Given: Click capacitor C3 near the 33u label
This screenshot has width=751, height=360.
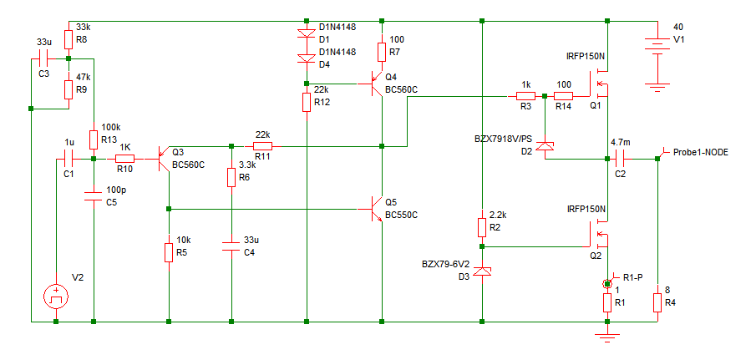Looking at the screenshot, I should [48, 58].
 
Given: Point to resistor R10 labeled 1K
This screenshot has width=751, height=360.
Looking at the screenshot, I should [124, 158].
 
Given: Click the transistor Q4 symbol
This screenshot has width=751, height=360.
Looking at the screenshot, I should [376, 83].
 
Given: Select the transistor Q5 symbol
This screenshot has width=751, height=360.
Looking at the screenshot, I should [376, 207].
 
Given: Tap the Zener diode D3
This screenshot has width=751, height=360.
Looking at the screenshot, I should [483, 271].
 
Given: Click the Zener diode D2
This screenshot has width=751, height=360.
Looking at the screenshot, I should [545, 147].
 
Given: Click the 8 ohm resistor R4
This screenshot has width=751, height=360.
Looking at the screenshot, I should [657, 299].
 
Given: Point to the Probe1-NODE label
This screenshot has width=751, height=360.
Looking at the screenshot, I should [701, 154].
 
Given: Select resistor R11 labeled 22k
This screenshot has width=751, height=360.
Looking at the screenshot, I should [262, 146].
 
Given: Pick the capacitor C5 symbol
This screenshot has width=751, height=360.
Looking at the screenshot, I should [94, 197].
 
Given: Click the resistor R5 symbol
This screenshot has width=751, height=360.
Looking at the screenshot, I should [169, 251].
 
